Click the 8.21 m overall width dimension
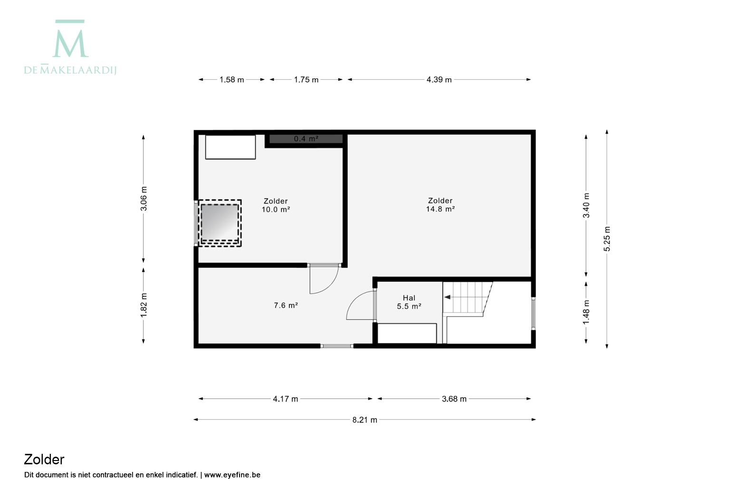pyautogui.click(x=365, y=420)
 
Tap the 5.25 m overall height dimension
pyautogui.click(x=606, y=239)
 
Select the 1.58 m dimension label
pyautogui.click(x=231, y=80)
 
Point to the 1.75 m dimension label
pyautogui.click(x=306, y=80)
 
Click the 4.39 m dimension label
pyautogui.click(x=439, y=80)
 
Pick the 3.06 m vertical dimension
pyautogui.click(x=144, y=199)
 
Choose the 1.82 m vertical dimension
pyautogui.click(x=144, y=306)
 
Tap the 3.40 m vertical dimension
pyautogui.click(x=586, y=205)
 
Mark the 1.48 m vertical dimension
pyautogui.click(x=586, y=312)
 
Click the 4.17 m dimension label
pyautogui.click(x=285, y=399)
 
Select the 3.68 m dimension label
pyautogui.click(x=454, y=399)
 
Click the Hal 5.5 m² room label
pyautogui.click(x=409, y=302)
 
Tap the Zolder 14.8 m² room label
pyautogui.click(x=440, y=205)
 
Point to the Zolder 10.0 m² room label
pyautogui.click(x=276, y=205)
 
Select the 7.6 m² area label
pyautogui.click(x=286, y=306)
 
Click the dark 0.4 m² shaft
pyautogui.click(x=306, y=139)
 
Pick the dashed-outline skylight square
pyautogui.click(x=220, y=223)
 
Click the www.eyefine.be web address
pyautogui.click(x=232, y=475)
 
